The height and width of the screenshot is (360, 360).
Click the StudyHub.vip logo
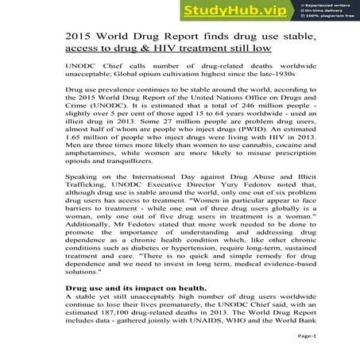tap(235, 10)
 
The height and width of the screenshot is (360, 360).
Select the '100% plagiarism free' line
tap(329, 17)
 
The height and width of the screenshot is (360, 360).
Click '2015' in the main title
tap(80, 37)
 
